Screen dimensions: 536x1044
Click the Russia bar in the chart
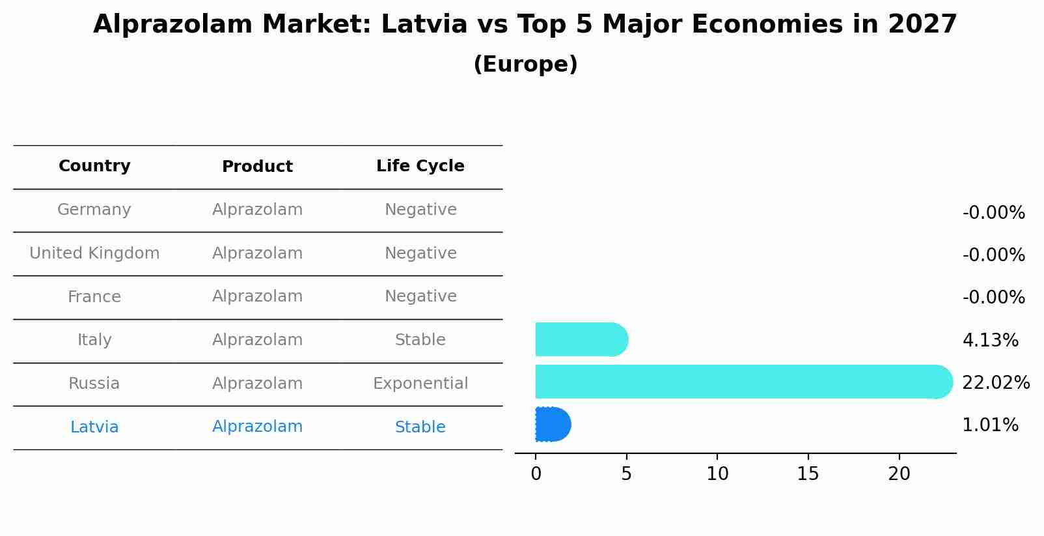tap(742, 382)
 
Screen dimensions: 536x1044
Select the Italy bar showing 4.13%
tap(581, 339)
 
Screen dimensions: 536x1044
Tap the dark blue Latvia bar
tap(553, 424)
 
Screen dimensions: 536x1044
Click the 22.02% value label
tap(995, 382)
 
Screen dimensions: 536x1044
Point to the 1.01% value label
tap(989, 425)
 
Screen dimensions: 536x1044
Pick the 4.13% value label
tap(989, 340)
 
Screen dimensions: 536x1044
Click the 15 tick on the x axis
tap(808, 474)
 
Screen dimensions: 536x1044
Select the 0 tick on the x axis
tap(536, 474)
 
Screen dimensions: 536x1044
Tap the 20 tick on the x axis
tap(899, 474)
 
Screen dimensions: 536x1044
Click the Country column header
tap(94, 166)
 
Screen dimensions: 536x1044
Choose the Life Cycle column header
tap(420, 166)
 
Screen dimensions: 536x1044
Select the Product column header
tap(257, 167)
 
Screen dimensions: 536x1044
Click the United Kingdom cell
tap(94, 253)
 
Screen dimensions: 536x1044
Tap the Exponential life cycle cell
tap(420, 384)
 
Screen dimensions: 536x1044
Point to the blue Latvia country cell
tap(94, 427)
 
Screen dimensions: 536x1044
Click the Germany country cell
tap(94, 210)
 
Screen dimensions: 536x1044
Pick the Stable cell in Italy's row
tap(420, 340)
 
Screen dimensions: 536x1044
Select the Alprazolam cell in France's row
tap(257, 296)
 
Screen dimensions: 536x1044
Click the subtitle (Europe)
tap(525, 64)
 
